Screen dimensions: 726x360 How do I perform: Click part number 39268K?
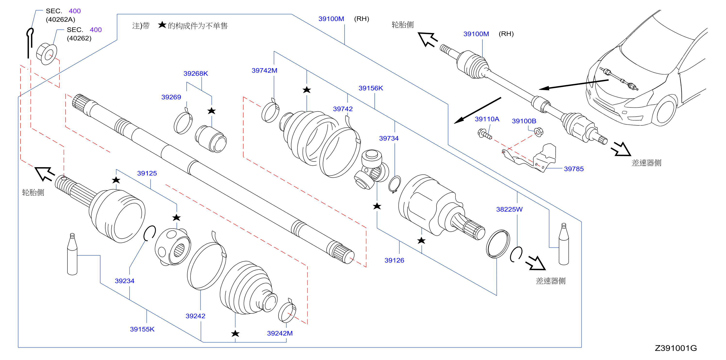tap(196, 74)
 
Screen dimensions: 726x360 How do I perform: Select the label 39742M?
tap(264, 70)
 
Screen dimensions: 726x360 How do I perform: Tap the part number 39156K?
tap(371, 88)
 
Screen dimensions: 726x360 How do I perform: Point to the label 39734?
tap(389, 138)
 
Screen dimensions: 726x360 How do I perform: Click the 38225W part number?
tap(509, 209)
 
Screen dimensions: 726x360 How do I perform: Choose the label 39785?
tap(574, 169)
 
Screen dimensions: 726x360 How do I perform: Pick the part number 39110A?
tap(487, 119)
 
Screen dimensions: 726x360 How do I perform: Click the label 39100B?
tap(524, 121)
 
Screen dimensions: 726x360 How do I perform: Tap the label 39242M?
tap(280, 333)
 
